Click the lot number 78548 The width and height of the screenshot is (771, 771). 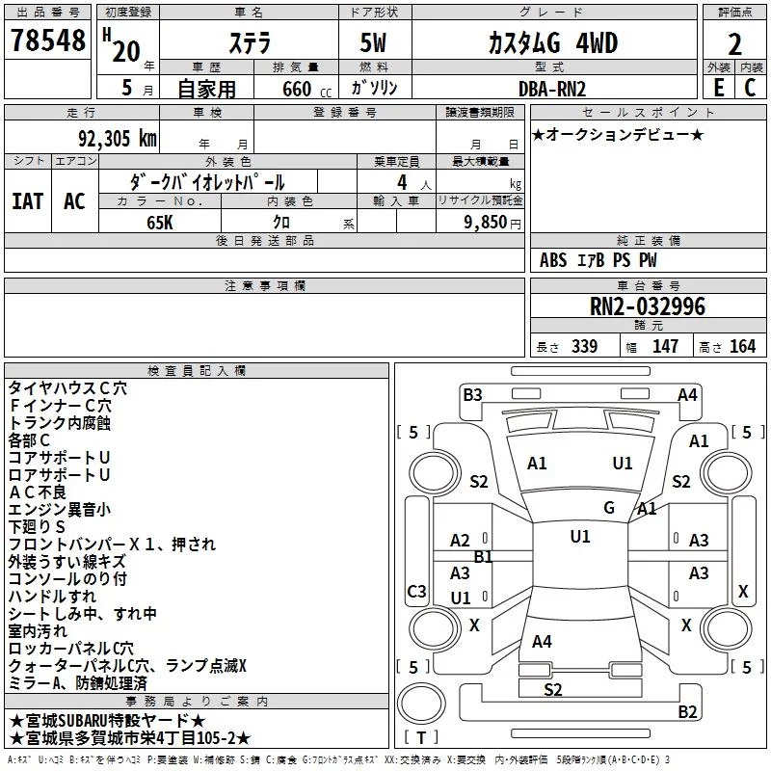pyautogui.click(x=47, y=40)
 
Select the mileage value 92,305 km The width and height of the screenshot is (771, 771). pyautogui.click(x=118, y=138)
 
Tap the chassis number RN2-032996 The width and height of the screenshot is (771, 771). pyautogui.click(x=648, y=306)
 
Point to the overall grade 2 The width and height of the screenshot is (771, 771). pyautogui.click(x=734, y=44)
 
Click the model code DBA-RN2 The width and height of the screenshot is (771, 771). pyautogui.click(x=552, y=89)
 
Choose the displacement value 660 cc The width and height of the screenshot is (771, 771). pyautogui.click(x=306, y=89)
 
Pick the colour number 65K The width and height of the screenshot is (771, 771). pyautogui.click(x=160, y=223)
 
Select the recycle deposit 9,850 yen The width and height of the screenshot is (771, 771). pyautogui.click(x=492, y=223)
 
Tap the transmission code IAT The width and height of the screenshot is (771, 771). pyautogui.click(x=28, y=201)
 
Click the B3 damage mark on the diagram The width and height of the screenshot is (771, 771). pyautogui.click(x=472, y=395)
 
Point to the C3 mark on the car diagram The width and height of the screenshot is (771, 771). pyautogui.click(x=416, y=591)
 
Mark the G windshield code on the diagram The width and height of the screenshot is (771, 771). pyautogui.click(x=609, y=508)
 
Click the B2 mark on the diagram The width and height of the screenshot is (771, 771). pyautogui.click(x=687, y=711)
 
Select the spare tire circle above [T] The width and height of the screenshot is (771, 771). pyautogui.click(x=421, y=704)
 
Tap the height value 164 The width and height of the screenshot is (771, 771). pyautogui.click(x=742, y=346)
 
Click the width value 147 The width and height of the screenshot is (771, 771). pyautogui.click(x=665, y=346)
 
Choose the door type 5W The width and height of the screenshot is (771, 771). pyautogui.click(x=373, y=42)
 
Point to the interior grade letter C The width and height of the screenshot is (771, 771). pyautogui.click(x=750, y=88)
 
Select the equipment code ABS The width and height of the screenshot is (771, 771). pyautogui.click(x=553, y=260)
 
